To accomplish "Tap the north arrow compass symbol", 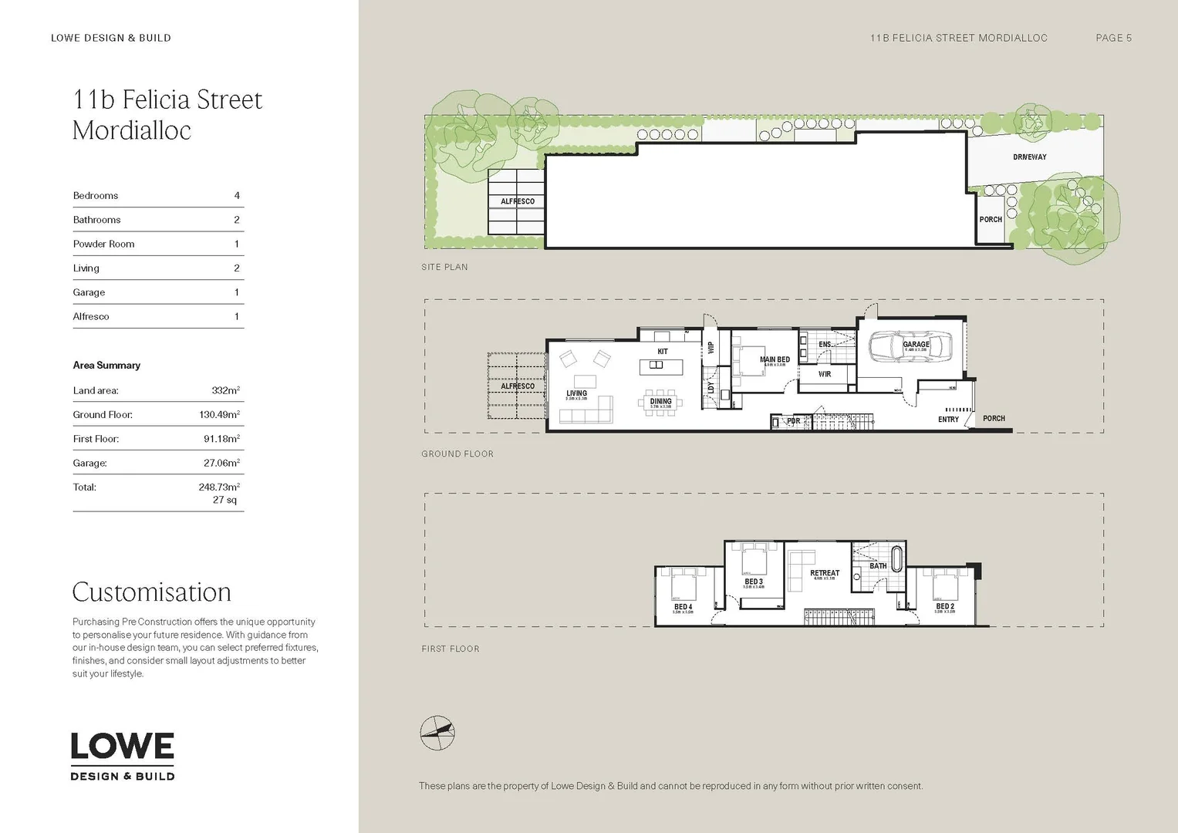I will (437, 733).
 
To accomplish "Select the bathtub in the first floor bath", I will (896, 559).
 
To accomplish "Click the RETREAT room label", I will (825, 573).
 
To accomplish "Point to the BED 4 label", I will (683, 607).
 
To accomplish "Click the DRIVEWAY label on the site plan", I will (1029, 157).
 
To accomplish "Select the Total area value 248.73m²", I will (219, 487).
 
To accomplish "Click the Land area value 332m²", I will (225, 391).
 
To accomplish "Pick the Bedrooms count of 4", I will (237, 196).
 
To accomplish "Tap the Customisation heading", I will (152, 592).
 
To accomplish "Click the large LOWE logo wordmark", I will (123, 746).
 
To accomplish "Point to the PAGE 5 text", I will (1113, 38).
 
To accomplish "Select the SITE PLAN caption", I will (444, 267).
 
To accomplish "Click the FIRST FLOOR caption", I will (451, 649).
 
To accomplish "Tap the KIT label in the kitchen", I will (662, 352).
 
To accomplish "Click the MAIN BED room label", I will (775, 359).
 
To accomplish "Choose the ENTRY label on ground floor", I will (948, 420).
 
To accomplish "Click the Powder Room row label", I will (103, 245).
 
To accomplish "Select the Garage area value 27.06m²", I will (221, 464).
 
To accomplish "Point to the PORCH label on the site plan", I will (991, 220).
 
